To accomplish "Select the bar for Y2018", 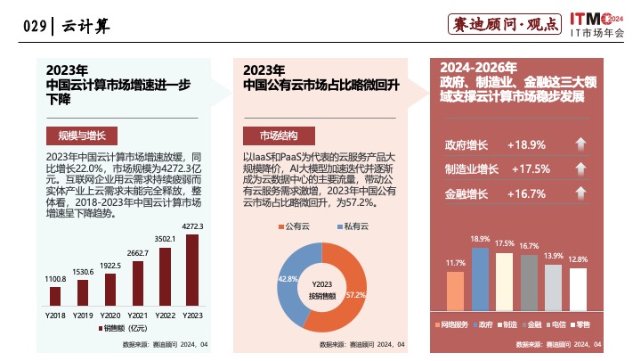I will [56, 296].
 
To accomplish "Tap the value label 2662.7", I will [137, 254].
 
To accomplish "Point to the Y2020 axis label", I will [110, 316].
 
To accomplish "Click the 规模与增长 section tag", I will [77, 135].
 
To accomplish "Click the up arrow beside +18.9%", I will [580, 145].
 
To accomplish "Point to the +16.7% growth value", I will [526, 193].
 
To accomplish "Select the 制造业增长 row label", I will [471, 169].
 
